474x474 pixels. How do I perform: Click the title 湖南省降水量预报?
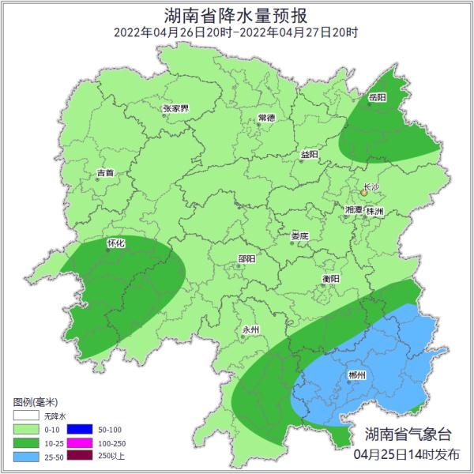click(x=236, y=15)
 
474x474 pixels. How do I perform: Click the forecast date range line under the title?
click(x=236, y=32)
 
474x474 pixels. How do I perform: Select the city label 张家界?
click(x=175, y=108)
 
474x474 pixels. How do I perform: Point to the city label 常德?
click(x=266, y=118)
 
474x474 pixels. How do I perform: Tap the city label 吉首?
click(x=105, y=172)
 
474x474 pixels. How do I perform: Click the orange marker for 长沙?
click(x=364, y=192)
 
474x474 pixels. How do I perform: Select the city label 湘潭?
click(x=353, y=210)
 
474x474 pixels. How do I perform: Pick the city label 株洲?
click(x=374, y=211)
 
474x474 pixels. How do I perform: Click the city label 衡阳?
click(x=330, y=279)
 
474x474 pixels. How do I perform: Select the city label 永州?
click(x=250, y=330)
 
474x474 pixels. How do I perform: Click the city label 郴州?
click(x=357, y=375)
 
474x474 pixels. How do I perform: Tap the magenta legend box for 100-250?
click(x=81, y=443)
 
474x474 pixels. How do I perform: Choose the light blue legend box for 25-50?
click(x=26, y=457)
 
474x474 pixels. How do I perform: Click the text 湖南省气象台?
click(x=408, y=434)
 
